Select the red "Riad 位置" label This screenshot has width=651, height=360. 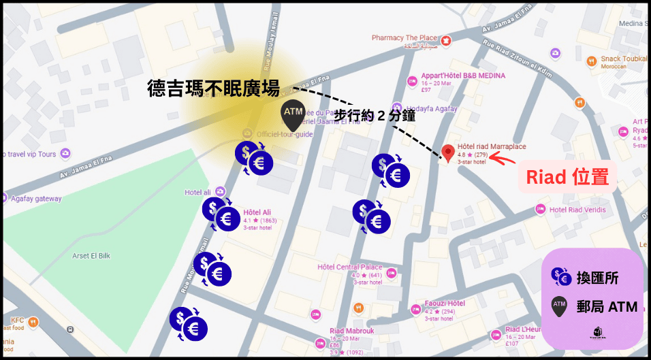tap(567, 178)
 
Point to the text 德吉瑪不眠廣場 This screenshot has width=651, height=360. tap(215, 88)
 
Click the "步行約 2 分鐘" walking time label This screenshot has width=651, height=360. tap(375, 116)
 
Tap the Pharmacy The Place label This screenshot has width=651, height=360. tap(404, 38)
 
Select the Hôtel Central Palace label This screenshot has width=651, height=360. tap(350, 267)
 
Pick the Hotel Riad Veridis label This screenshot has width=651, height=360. tap(577, 210)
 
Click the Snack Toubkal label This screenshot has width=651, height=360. tap(623, 59)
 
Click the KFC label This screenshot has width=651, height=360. tap(17, 319)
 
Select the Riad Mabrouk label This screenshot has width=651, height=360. tap(351, 331)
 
